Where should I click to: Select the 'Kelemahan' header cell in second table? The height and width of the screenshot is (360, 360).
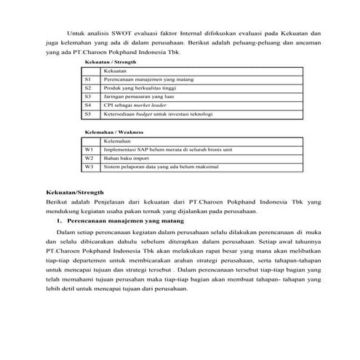point(117,140)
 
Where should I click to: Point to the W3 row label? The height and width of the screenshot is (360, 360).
point(89,167)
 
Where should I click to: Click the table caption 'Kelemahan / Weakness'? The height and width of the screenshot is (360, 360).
point(113,132)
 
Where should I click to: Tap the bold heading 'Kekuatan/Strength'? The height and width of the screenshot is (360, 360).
point(72,192)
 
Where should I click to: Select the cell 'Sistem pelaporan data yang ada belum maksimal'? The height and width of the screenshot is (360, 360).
point(160,167)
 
